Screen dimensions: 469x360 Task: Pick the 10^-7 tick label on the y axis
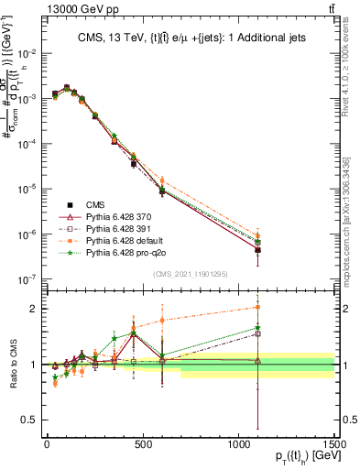(26, 278)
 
